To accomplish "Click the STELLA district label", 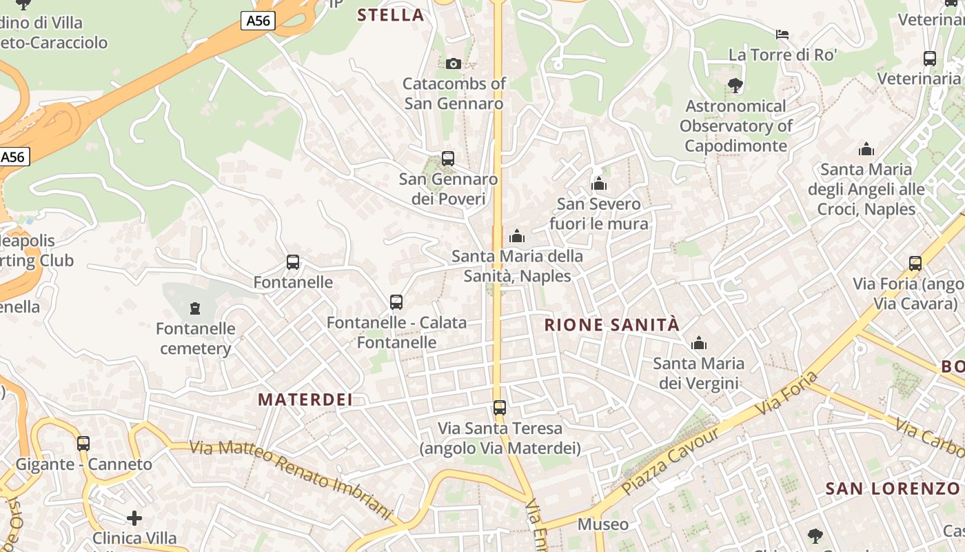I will pos(390,15).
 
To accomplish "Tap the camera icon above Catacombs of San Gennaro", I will pos(453,63).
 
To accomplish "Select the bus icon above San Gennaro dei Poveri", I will pos(448,158).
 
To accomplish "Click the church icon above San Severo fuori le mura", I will pos(599,184).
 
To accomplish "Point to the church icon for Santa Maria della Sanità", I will pos(517,237).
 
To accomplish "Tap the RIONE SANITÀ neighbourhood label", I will pos(612,325).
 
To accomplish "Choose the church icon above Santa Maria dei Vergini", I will pos(699,343).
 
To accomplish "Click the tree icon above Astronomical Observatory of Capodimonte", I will pos(735,86).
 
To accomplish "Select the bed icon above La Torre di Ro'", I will pos(782,34).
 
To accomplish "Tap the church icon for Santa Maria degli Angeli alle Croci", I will pos(866,149).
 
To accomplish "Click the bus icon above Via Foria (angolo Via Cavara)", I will pos(915,263).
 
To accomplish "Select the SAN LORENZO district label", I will pos(893,489).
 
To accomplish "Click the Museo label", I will pos(603,524).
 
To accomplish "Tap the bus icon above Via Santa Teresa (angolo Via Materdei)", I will pos(500,408).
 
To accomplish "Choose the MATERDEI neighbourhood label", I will pos(305,399).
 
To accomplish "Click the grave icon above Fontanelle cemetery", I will pos(195,308).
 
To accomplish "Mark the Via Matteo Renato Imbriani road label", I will pos(290,480).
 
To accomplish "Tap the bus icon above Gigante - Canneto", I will pos(83,444).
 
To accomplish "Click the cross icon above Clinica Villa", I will pos(134,517).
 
